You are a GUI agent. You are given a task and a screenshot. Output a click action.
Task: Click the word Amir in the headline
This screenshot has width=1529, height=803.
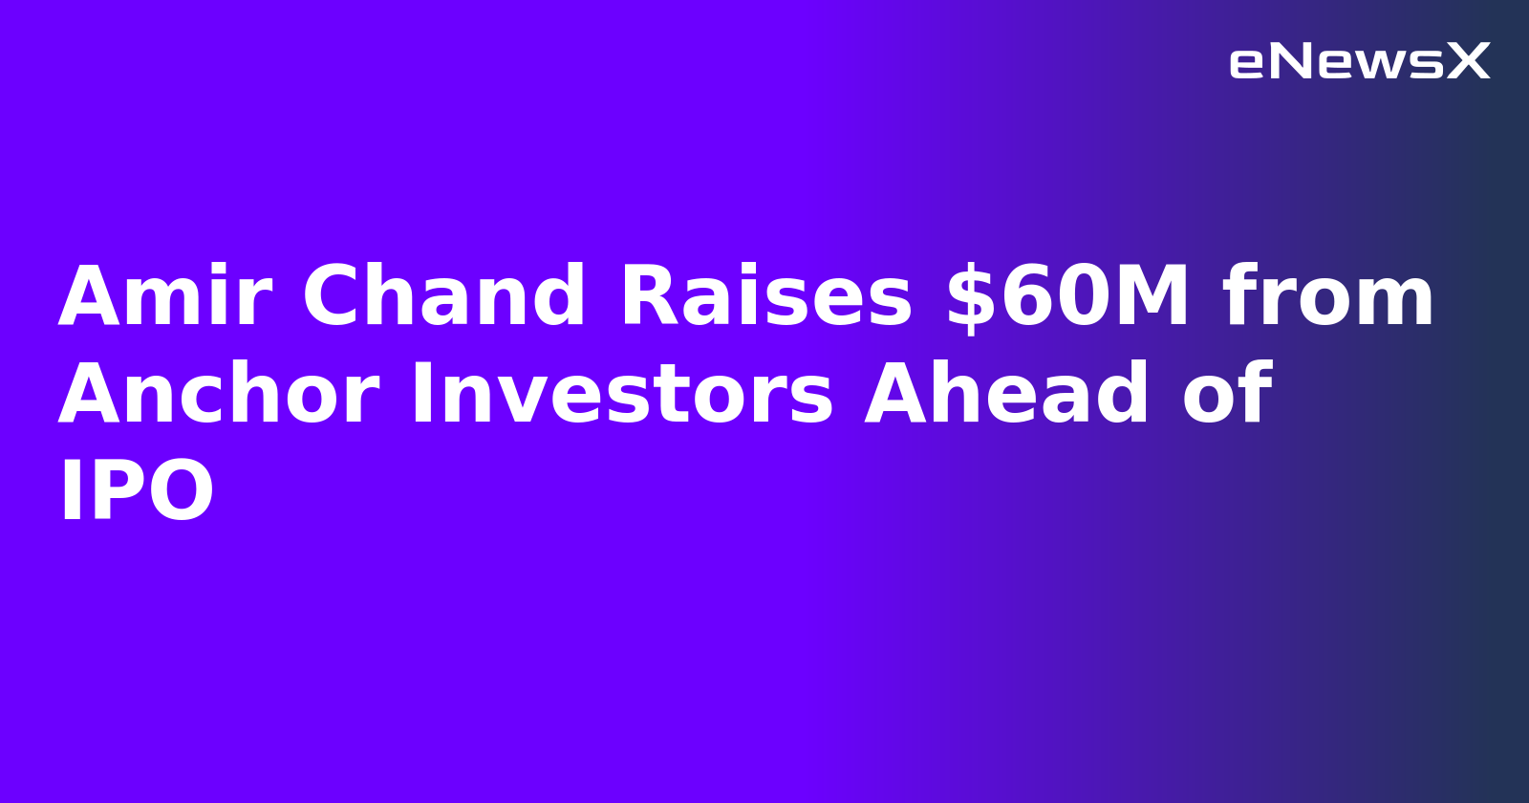(165, 297)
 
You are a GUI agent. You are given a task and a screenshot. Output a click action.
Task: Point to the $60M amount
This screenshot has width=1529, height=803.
(1067, 297)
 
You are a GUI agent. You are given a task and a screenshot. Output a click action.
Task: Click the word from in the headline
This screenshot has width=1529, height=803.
(1328, 297)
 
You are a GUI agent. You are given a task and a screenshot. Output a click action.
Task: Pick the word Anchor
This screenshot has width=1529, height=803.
(219, 395)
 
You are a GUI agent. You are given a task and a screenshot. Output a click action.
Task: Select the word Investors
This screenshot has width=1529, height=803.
(622, 395)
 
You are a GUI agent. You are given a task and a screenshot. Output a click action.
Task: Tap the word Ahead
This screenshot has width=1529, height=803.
(1007, 395)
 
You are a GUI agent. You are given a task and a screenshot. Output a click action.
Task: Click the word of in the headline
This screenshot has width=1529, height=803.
(1227, 395)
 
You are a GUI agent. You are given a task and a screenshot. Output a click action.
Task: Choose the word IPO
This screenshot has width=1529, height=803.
(137, 491)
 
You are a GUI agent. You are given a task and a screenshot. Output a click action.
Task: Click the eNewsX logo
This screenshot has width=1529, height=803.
(1359, 62)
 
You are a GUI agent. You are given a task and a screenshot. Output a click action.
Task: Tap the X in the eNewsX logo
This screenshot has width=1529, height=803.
(1468, 62)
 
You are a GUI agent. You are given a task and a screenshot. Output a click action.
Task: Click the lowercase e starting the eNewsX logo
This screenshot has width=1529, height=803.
(1245, 64)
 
